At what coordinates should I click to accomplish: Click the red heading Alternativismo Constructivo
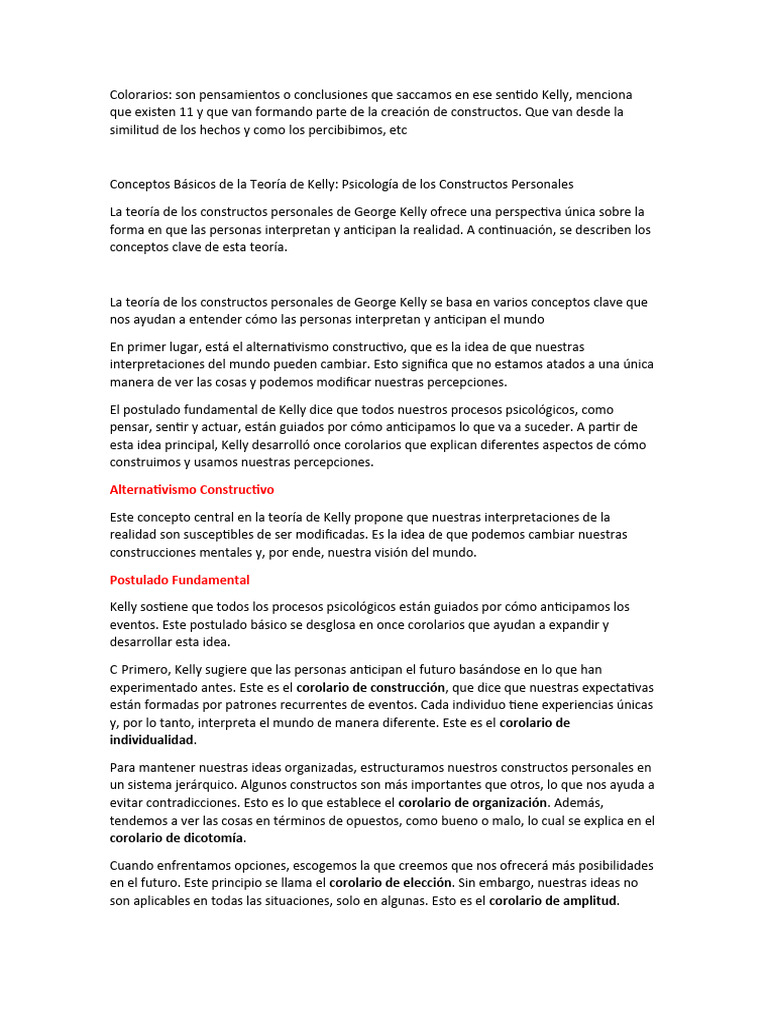click(191, 490)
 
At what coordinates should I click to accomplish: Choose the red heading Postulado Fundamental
click(179, 580)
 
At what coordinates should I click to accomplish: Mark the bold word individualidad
click(152, 740)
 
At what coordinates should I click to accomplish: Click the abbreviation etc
click(398, 130)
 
